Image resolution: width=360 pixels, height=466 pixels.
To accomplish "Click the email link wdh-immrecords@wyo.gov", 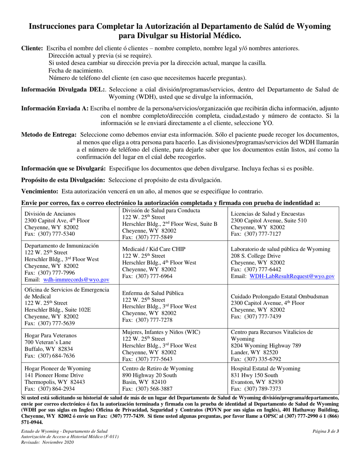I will [77, 280].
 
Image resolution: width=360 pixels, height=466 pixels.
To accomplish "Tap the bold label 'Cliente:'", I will [32, 48].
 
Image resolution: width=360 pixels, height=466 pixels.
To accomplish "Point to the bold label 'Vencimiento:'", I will [40, 191].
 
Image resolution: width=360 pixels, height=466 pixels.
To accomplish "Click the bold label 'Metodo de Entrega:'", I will [49, 135].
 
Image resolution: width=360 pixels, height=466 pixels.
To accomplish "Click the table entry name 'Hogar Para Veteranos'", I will [50, 336].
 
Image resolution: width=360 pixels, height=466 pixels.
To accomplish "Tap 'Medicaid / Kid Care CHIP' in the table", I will [153, 249].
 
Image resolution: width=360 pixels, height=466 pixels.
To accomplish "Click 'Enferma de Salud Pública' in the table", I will [153, 293].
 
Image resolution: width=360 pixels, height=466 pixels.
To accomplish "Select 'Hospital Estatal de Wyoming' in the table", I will [266, 368].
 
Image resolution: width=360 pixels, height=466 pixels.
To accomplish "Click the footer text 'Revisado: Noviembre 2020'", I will [47, 442].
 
